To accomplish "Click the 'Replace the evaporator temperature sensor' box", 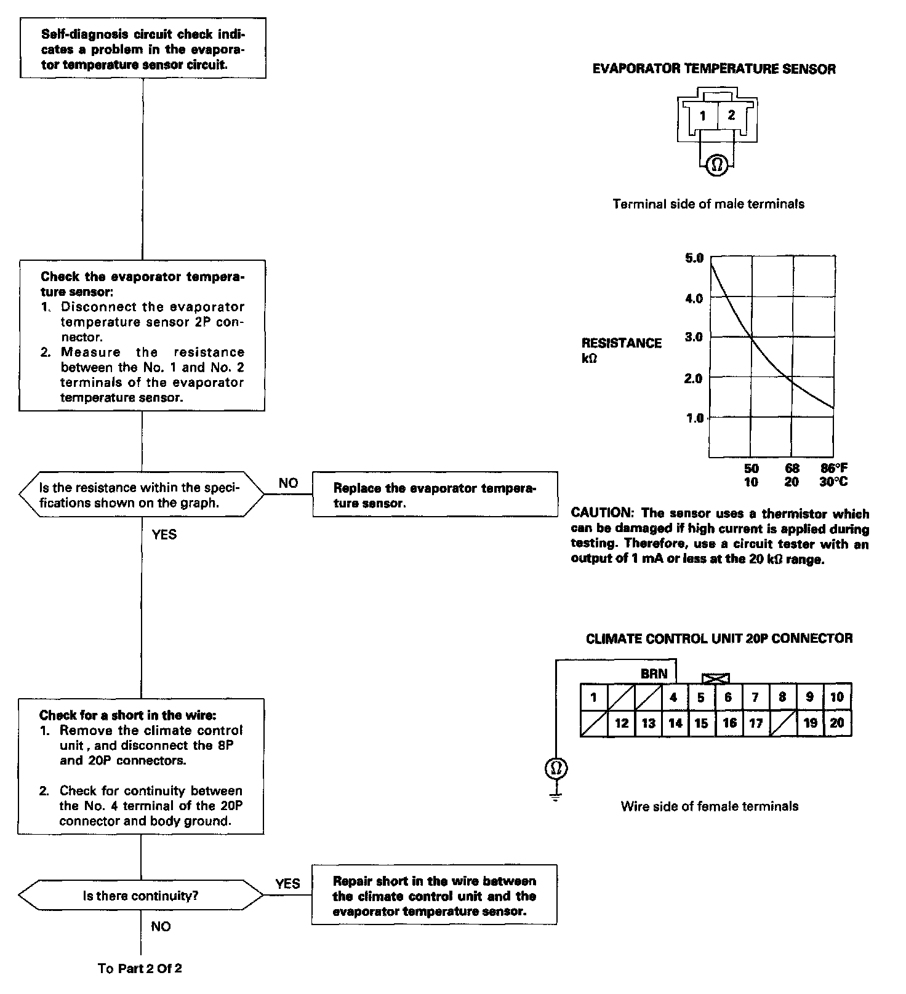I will (x=435, y=495).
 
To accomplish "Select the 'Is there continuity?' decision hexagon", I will (x=141, y=896).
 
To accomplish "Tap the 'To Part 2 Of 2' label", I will (x=140, y=968).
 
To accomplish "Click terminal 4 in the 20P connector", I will (x=673, y=697).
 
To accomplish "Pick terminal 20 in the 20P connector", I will (x=837, y=723).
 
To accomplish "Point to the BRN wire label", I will (x=654, y=674).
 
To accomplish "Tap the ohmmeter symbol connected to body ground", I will (x=556, y=768).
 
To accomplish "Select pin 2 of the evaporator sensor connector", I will (x=731, y=115).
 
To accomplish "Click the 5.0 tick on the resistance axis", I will (x=694, y=258).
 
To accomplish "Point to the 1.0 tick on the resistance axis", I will (x=694, y=418).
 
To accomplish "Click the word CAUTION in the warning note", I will (x=600, y=513).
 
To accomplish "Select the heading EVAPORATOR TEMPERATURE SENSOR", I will (x=714, y=69).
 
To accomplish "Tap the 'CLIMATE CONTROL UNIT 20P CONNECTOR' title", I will (x=719, y=638).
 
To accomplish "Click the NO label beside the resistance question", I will (x=288, y=483).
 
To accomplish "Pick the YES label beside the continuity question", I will (x=287, y=884).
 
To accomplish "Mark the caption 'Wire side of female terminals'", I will (x=709, y=806).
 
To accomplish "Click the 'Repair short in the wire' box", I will (x=435, y=896).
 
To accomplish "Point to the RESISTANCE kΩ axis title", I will (x=620, y=349).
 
